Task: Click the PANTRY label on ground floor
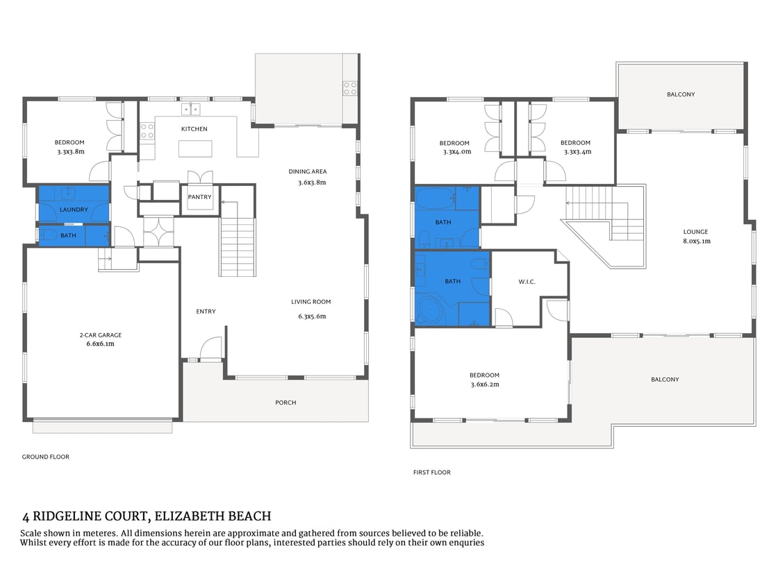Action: (199, 197)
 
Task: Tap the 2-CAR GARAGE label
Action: (101, 335)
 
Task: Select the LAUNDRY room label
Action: (74, 209)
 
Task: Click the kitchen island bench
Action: (194, 149)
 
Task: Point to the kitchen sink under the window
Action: (191, 109)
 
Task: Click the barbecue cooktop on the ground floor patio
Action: (350, 88)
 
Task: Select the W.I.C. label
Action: (527, 281)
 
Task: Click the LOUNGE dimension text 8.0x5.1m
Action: (696, 242)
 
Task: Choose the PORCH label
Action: (285, 403)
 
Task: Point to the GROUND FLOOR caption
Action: (46, 457)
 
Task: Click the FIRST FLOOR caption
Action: (431, 472)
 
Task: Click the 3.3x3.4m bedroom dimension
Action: (577, 151)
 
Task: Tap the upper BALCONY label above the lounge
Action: (681, 94)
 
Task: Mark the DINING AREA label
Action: (308, 171)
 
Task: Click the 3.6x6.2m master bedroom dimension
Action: (484, 384)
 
